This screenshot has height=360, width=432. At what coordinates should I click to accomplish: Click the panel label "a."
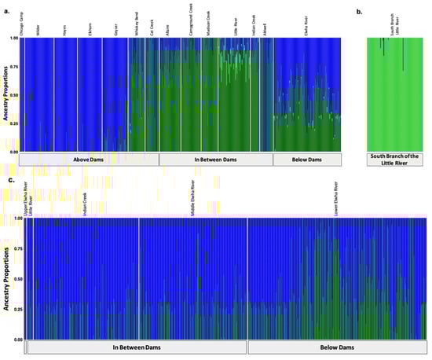click(x=6, y=11)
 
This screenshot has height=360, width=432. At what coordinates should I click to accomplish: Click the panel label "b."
click(x=359, y=11)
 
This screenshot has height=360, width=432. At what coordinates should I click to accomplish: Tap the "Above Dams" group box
click(x=88, y=159)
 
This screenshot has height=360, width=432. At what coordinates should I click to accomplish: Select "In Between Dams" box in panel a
click(x=215, y=159)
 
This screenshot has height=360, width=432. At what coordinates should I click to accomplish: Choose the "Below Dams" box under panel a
click(x=306, y=159)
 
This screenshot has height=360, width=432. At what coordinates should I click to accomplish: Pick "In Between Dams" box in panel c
click(x=135, y=347)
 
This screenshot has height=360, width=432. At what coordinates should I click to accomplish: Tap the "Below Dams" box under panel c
click(x=335, y=347)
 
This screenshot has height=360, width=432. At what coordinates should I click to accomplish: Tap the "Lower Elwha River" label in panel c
click(x=336, y=201)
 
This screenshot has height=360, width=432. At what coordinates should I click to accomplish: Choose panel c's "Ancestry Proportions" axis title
click(x=6, y=278)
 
